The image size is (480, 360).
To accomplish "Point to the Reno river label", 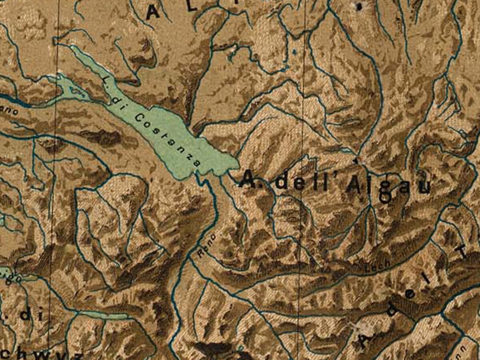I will pos(206,244).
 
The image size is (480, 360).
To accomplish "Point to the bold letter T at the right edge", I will pos(463,251).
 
